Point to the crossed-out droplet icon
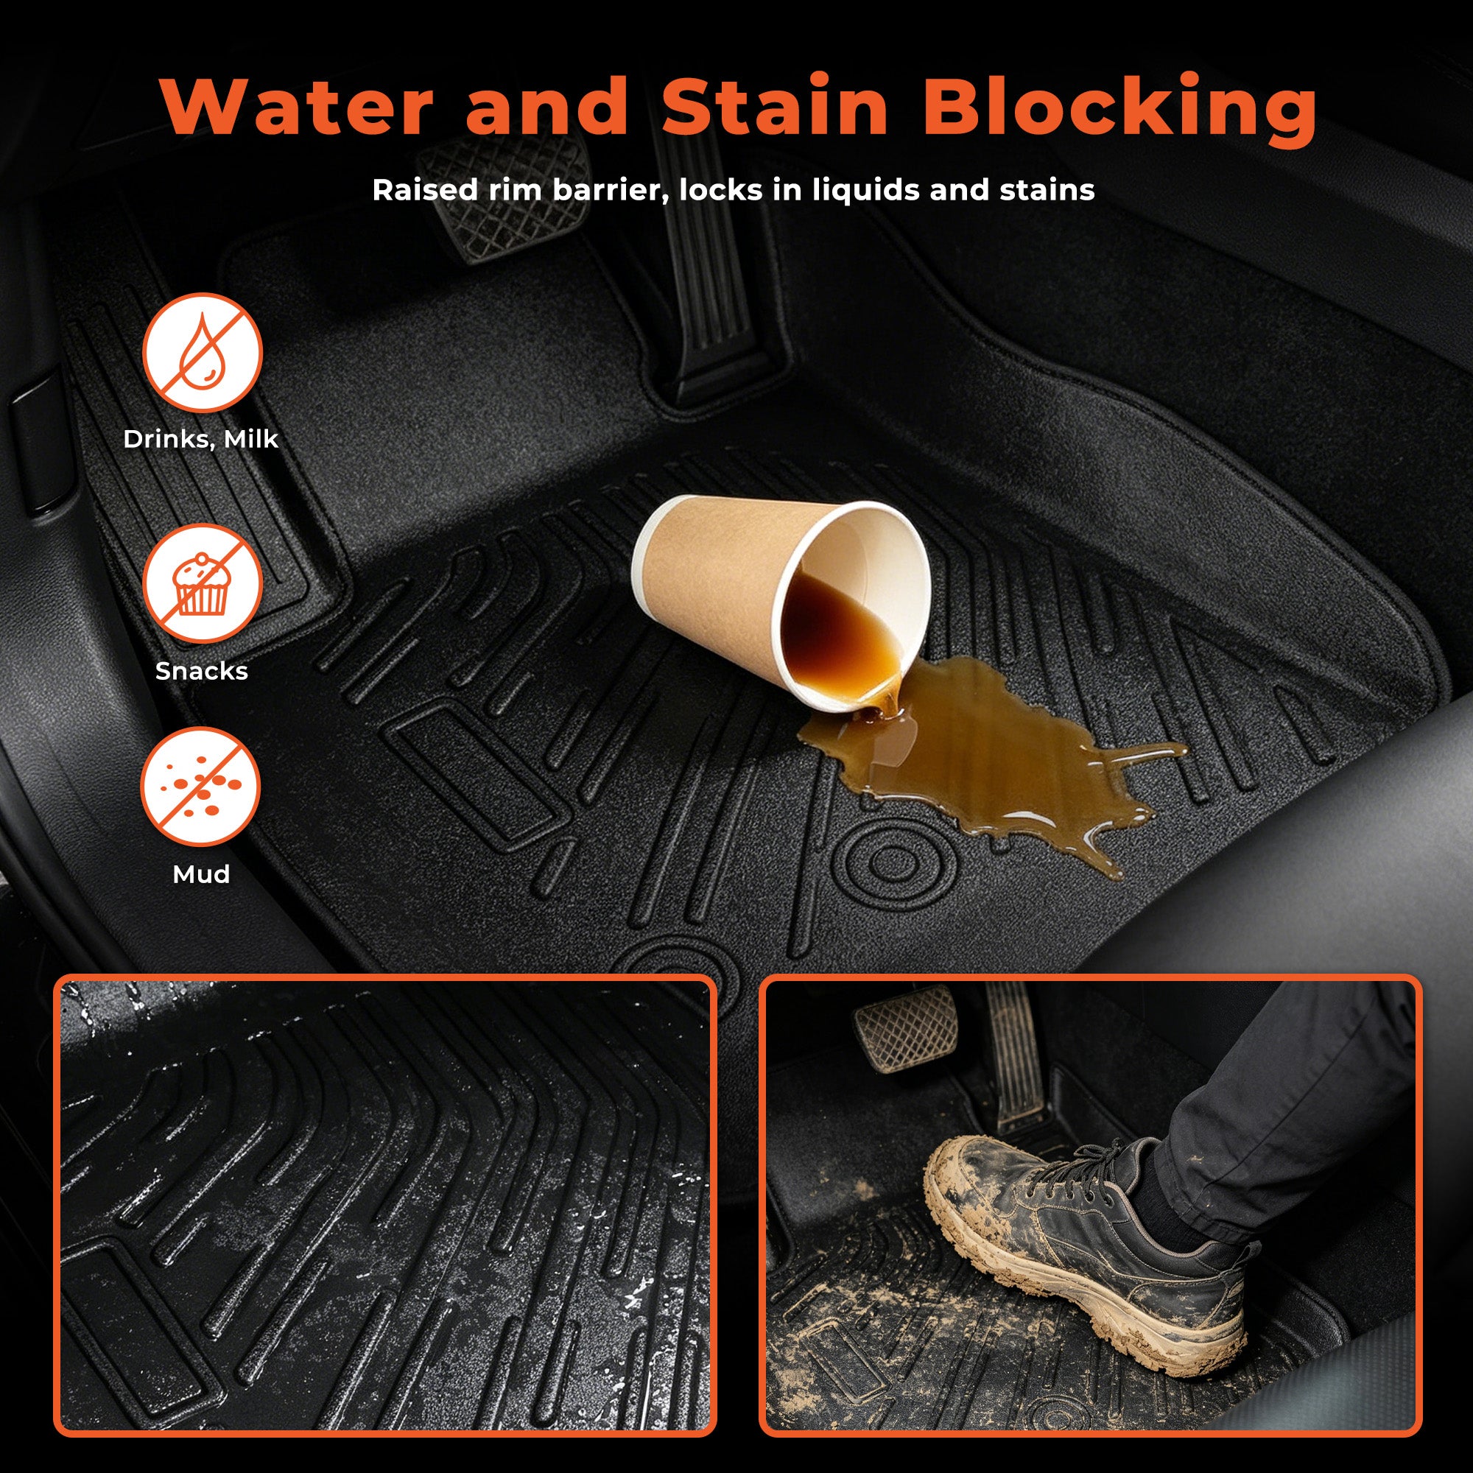tap(202, 353)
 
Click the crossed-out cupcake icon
tap(202, 584)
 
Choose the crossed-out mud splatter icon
tap(200, 787)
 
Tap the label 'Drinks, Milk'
tap(201, 439)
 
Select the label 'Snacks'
tap(201, 671)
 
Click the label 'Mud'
tap(201, 873)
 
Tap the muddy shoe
tap(1083, 1235)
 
